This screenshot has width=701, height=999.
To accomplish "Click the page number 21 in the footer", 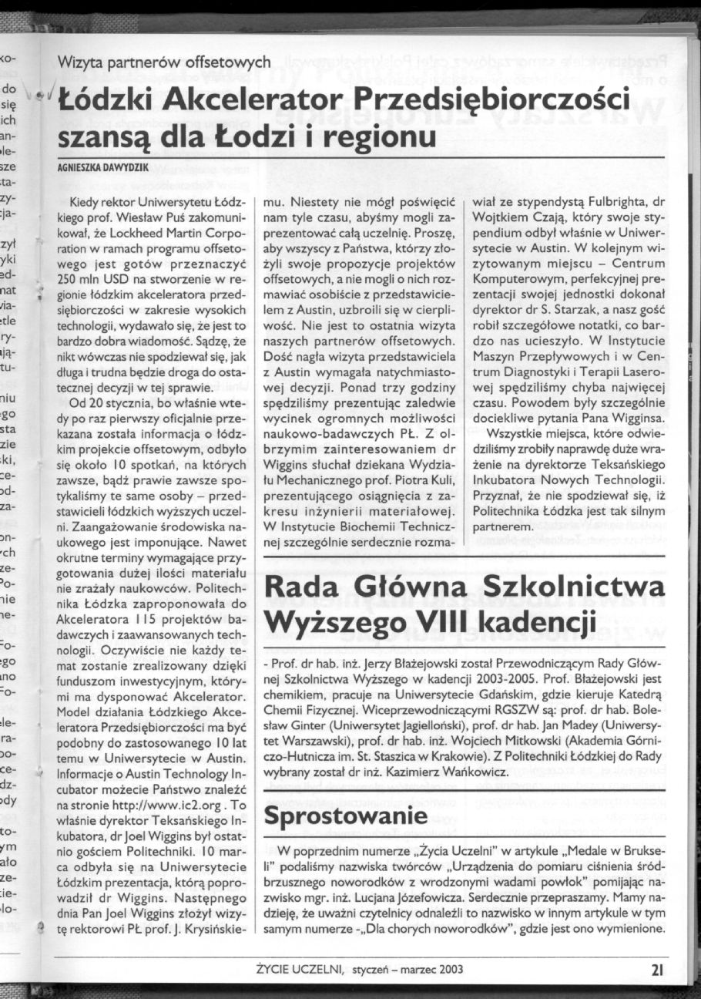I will pos(657,970).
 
